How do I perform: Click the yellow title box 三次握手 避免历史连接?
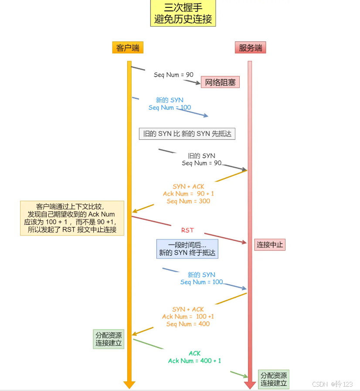tap(183, 13)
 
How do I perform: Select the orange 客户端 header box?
tap(128, 47)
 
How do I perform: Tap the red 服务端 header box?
tap(250, 47)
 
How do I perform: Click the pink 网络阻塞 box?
tap(220, 82)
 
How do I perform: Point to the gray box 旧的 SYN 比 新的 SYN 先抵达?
tap(187, 134)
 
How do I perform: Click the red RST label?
tap(187, 230)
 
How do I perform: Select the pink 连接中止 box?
tap(270, 245)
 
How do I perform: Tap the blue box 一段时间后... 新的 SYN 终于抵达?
tap(187, 249)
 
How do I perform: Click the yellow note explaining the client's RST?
tap(72, 218)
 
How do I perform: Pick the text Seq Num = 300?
tap(188, 201)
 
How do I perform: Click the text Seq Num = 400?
tap(188, 324)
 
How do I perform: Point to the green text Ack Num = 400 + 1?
tap(194, 361)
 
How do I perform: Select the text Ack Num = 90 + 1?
tap(188, 194)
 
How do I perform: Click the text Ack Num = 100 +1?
tap(188, 317)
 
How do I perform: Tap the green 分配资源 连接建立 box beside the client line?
tap(109, 339)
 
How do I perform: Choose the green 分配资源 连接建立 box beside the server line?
tap(274, 379)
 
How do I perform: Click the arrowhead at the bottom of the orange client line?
tap(129, 385)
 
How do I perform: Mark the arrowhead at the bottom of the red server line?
tap(250, 385)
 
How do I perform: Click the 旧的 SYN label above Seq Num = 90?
tap(201, 156)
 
